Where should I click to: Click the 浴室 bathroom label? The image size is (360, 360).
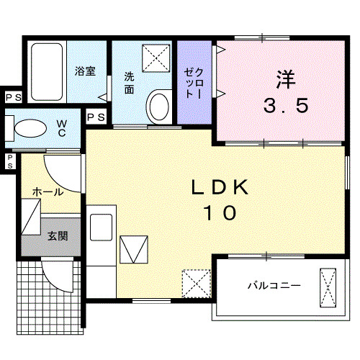coord(85,71)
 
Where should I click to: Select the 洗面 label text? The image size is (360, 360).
coord(129,82)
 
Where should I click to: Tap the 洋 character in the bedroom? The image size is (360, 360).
coord(285,77)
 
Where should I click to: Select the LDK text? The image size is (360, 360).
coord(220,187)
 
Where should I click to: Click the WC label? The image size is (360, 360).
coord(63,128)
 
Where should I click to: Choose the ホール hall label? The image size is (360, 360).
coord(47,192)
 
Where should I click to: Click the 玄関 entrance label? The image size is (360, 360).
coord(58,235)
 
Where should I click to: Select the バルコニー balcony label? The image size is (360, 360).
coord(274,286)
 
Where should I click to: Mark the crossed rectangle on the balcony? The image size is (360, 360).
coord(328,287)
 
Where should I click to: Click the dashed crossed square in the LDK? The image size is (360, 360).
coord(194,283)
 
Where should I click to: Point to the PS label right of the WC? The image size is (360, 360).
coord(96,117)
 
